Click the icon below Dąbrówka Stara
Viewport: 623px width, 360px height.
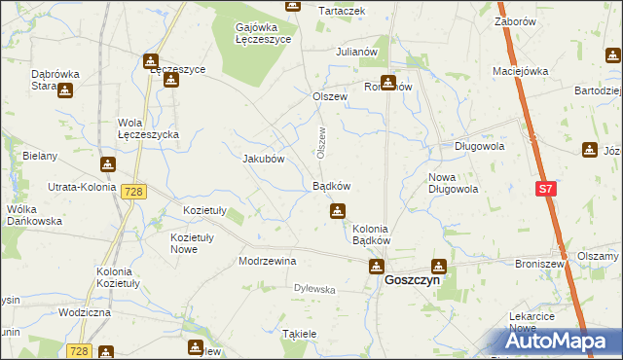(65, 91)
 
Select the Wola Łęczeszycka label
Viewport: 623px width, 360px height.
(148, 129)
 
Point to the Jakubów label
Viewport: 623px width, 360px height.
(262, 159)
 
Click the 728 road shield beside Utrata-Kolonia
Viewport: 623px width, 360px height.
(133, 192)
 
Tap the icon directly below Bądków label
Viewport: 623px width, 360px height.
(337, 209)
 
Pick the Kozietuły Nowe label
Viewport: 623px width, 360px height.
(198, 243)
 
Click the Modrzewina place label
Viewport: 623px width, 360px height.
(267, 262)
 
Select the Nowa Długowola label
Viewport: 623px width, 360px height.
(453, 183)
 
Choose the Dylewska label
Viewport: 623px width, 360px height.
(314, 289)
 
